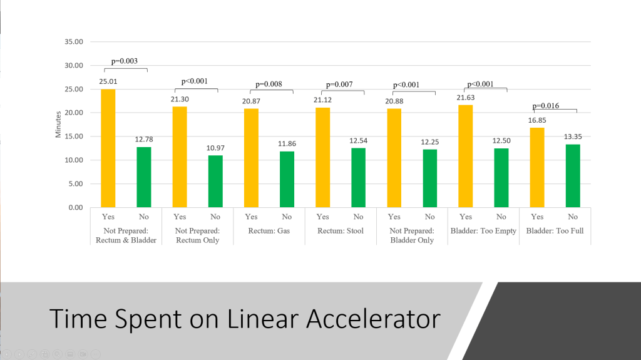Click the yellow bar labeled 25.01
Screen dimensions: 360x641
[x=108, y=148]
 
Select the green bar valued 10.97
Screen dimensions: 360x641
[x=215, y=181]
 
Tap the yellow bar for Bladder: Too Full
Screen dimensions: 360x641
[x=537, y=167]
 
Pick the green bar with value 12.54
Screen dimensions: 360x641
[x=358, y=177]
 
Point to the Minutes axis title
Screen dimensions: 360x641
[x=58, y=124]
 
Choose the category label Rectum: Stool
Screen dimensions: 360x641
[x=341, y=231]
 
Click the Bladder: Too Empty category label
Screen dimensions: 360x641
[x=483, y=231]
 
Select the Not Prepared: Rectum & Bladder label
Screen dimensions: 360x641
[x=126, y=235]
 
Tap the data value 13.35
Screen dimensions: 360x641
[x=573, y=136]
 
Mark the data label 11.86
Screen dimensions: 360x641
[x=287, y=143]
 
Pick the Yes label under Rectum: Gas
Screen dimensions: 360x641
[x=251, y=217]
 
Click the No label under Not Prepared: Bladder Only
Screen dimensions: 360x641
[x=429, y=217]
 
